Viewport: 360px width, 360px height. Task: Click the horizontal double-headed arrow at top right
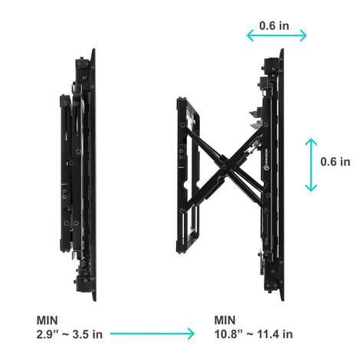point(277,35)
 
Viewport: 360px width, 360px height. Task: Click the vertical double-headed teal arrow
point(311,165)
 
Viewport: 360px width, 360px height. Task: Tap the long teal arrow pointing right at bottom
point(152,333)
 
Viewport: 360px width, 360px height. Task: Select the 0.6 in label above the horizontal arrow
point(274,26)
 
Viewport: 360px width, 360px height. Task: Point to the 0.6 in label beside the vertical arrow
point(335,162)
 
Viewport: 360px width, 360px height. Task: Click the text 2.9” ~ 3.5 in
point(70,335)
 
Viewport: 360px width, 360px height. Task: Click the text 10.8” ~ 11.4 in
point(254,334)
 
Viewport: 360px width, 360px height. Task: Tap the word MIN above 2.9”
point(47,320)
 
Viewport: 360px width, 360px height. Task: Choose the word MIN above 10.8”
point(225,320)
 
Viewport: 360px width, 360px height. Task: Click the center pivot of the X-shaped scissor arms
point(224,168)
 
